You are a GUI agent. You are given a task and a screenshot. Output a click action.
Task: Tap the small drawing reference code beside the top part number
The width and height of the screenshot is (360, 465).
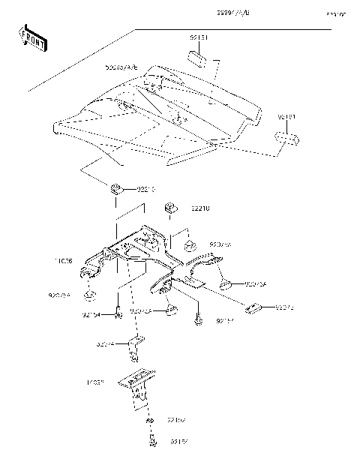click(335, 13)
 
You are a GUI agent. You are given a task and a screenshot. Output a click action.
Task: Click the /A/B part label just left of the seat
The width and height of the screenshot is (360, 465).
click(121, 67)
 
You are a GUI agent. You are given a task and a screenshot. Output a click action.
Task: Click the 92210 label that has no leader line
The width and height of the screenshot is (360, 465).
click(200, 208)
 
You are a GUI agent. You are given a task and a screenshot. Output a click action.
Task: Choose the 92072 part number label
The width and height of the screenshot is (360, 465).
click(286, 307)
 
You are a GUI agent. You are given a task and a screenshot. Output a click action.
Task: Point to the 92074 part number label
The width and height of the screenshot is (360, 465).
click(106, 344)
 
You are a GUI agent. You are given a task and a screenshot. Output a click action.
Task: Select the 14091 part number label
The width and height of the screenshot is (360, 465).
click(95, 382)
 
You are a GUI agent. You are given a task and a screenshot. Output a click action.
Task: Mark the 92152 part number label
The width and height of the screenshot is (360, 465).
click(176, 421)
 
